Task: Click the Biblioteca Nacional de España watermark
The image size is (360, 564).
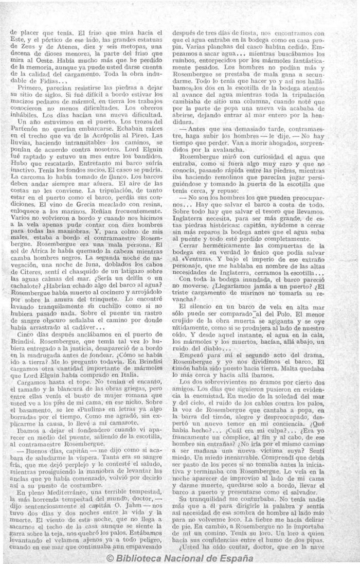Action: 179,558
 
